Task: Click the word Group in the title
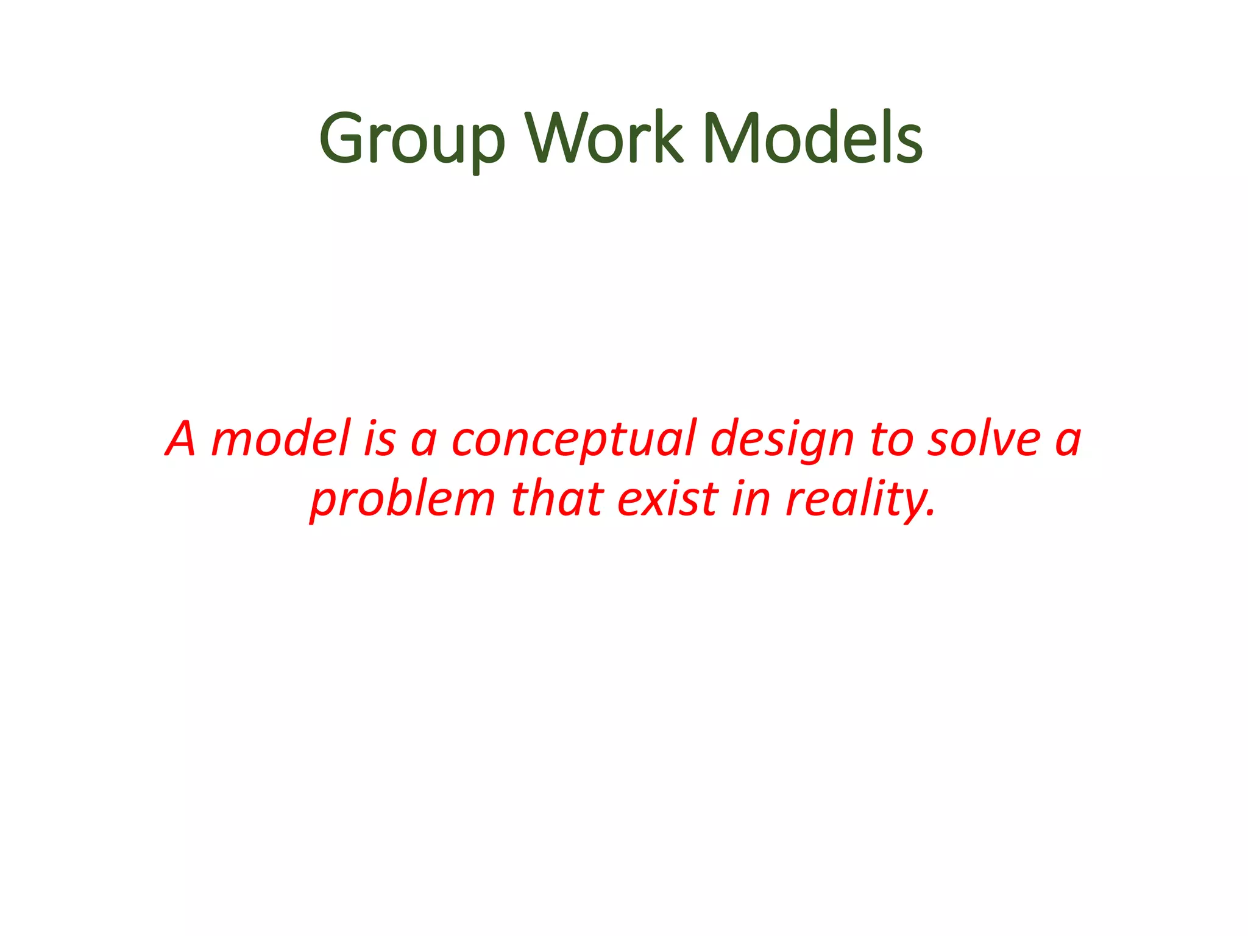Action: (412, 140)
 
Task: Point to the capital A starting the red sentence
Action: (181, 439)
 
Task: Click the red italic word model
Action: (281, 439)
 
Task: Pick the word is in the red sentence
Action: (380, 439)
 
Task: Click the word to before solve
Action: (890, 439)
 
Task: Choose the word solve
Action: (983, 439)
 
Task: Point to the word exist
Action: (668, 498)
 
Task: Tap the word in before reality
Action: (751, 498)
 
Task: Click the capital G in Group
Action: (342, 139)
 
